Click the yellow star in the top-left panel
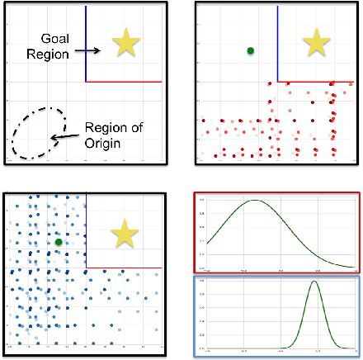tap(126, 43)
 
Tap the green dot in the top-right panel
tap(250, 51)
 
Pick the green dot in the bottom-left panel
tap(59, 242)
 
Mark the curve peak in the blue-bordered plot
tap(314, 282)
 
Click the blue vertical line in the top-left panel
tap(86, 41)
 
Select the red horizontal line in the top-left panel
tap(124, 81)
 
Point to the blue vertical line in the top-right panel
tap(277, 41)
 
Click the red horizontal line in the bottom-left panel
tap(124, 268)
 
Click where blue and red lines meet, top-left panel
tap(86, 81)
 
